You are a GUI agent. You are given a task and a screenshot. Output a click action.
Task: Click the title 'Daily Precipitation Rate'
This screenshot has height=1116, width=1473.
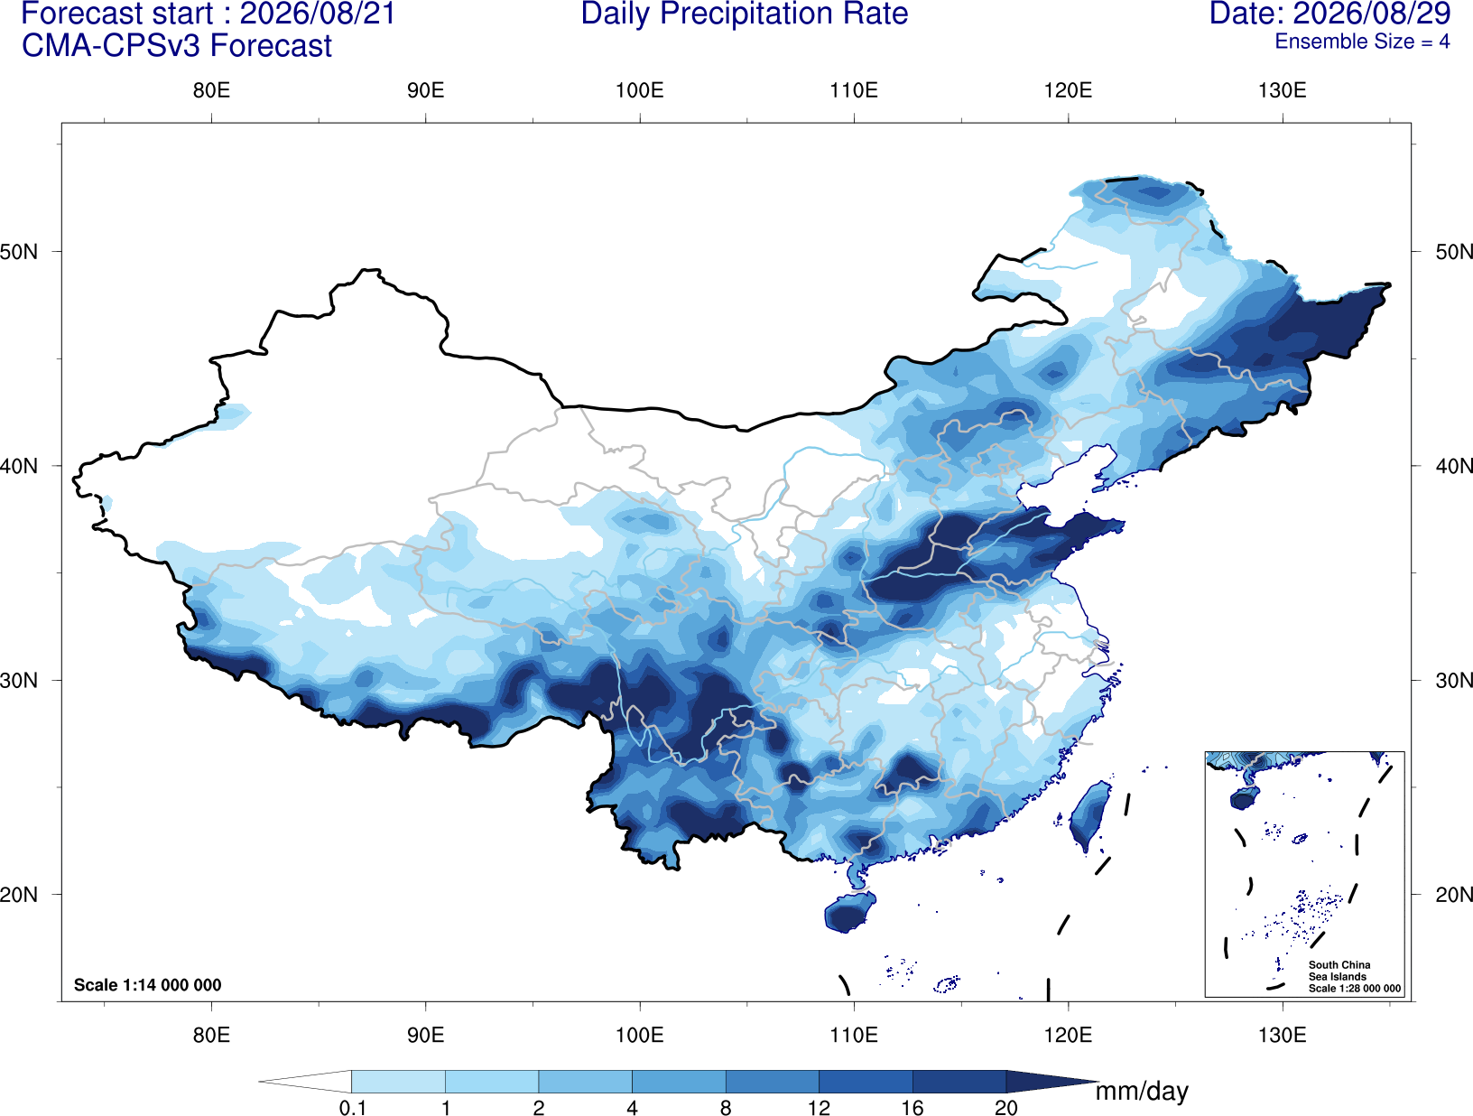pyautogui.click(x=745, y=14)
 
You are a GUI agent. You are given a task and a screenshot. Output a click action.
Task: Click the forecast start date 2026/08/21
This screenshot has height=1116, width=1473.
pyautogui.click(x=318, y=14)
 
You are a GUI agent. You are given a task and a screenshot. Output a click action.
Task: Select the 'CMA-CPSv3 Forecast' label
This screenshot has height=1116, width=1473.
pyautogui.click(x=177, y=46)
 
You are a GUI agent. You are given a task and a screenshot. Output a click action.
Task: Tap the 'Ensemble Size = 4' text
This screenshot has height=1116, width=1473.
pyautogui.click(x=1362, y=42)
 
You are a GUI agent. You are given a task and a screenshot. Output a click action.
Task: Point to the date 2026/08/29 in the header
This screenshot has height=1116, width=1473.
pyautogui.click(x=1373, y=14)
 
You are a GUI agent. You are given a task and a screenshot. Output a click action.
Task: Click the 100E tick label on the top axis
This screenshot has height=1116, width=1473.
pyautogui.click(x=640, y=90)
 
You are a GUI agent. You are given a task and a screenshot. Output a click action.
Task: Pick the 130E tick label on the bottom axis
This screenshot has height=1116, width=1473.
pyautogui.click(x=1283, y=1035)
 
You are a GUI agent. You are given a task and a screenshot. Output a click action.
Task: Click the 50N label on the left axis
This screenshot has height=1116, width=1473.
pyautogui.click(x=19, y=252)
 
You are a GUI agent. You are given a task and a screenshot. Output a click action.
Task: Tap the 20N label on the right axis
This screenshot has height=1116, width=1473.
pyautogui.click(x=1454, y=895)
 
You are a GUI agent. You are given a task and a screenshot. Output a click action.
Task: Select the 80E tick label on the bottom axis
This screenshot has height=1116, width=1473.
pyautogui.click(x=211, y=1035)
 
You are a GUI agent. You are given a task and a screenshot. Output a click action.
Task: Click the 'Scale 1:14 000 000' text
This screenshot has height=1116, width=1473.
pyautogui.click(x=148, y=984)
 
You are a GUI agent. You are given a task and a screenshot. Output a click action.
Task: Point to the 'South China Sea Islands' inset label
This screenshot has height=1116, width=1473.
pyautogui.click(x=1339, y=971)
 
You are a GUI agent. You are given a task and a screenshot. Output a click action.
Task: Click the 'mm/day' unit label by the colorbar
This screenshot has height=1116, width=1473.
pyautogui.click(x=1142, y=1092)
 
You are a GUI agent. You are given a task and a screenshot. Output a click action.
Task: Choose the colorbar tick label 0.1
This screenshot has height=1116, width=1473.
pyautogui.click(x=352, y=1108)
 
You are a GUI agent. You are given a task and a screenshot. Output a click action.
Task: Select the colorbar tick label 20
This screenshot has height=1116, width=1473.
pyautogui.click(x=1006, y=1108)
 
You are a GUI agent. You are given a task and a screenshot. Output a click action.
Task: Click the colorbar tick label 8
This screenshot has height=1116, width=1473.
pyautogui.click(x=726, y=1108)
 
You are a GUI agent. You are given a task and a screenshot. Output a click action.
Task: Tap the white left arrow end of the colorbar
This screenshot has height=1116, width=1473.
pyautogui.click(x=305, y=1081)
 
